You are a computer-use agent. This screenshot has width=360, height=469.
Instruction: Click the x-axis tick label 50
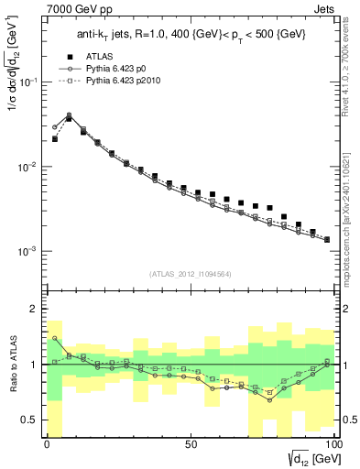pyautogui.click(x=190, y=442)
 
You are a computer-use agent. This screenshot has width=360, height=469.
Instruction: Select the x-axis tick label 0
pyautogui.click(x=46, y=442)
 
